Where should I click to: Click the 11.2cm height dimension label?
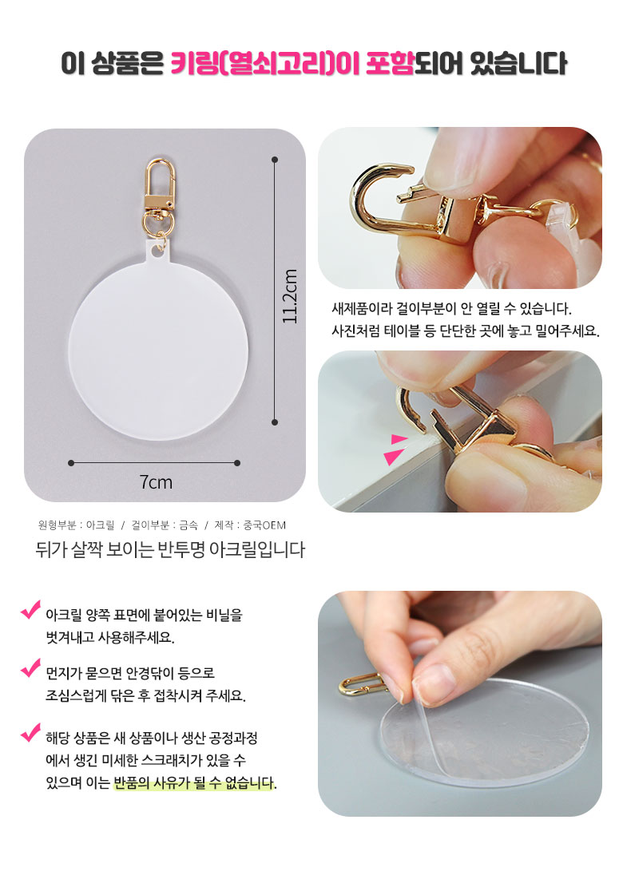pyautogui.click(x=290, y=296)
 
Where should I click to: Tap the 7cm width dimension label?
pyautogui.click(x=156, y=482)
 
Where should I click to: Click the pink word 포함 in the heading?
pyautogui.click(x=389, y=63)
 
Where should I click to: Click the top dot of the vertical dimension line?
pyautogui.click(x=275, y=160)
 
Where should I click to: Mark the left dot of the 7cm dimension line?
pyautogui.click(x=71, y=463)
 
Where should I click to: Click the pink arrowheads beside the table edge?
pyautogui.click(x=396, y=449)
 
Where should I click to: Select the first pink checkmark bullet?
pyautogui.click(x=30, y=610)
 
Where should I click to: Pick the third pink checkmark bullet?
pyautogui.click(x=30, y=733)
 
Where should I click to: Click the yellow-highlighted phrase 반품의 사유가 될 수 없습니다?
pyautogui.click(x=195, y=783)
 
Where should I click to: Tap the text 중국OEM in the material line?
pyautogui.click(x=264, y=525)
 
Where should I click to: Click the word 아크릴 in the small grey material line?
pyautogui.click(x=100, y=525)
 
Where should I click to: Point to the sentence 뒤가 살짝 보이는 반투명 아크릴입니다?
pyautogui.click(x=170, y=549)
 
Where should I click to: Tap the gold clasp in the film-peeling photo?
pyautogui.click(x=362, y=684)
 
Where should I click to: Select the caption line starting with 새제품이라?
pyautogui.click(x=451, y=308)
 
